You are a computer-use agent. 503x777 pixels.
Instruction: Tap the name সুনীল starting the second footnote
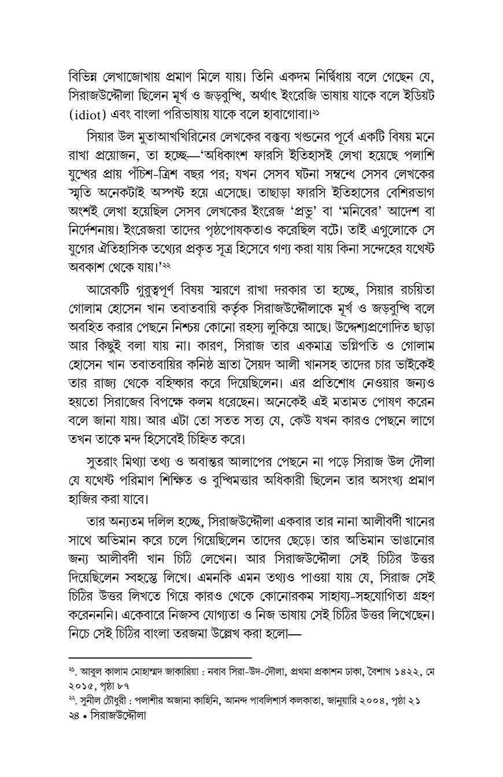pyautogui.click(x=91, y=700)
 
